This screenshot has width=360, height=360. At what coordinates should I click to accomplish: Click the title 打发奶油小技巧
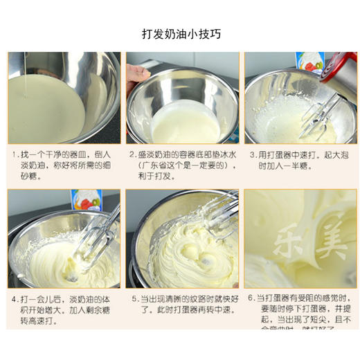[x=181, y=33]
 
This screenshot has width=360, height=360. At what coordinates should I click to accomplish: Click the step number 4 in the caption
[x=14, y=299]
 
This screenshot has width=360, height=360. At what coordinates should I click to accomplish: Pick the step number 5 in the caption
[x=132, y=299]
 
